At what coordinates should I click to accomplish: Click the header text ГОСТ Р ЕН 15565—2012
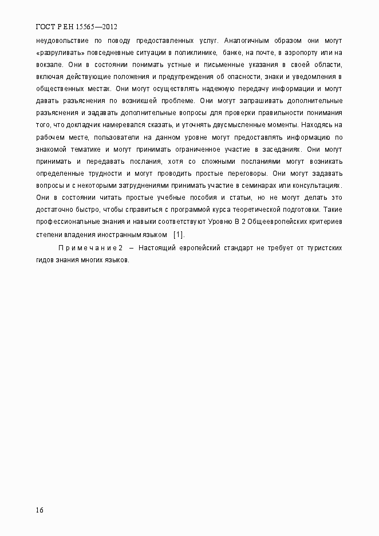[x=77, y=27]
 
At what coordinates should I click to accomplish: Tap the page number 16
[x=40, y=510]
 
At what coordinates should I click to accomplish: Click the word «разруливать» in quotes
[x=60, y=53]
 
